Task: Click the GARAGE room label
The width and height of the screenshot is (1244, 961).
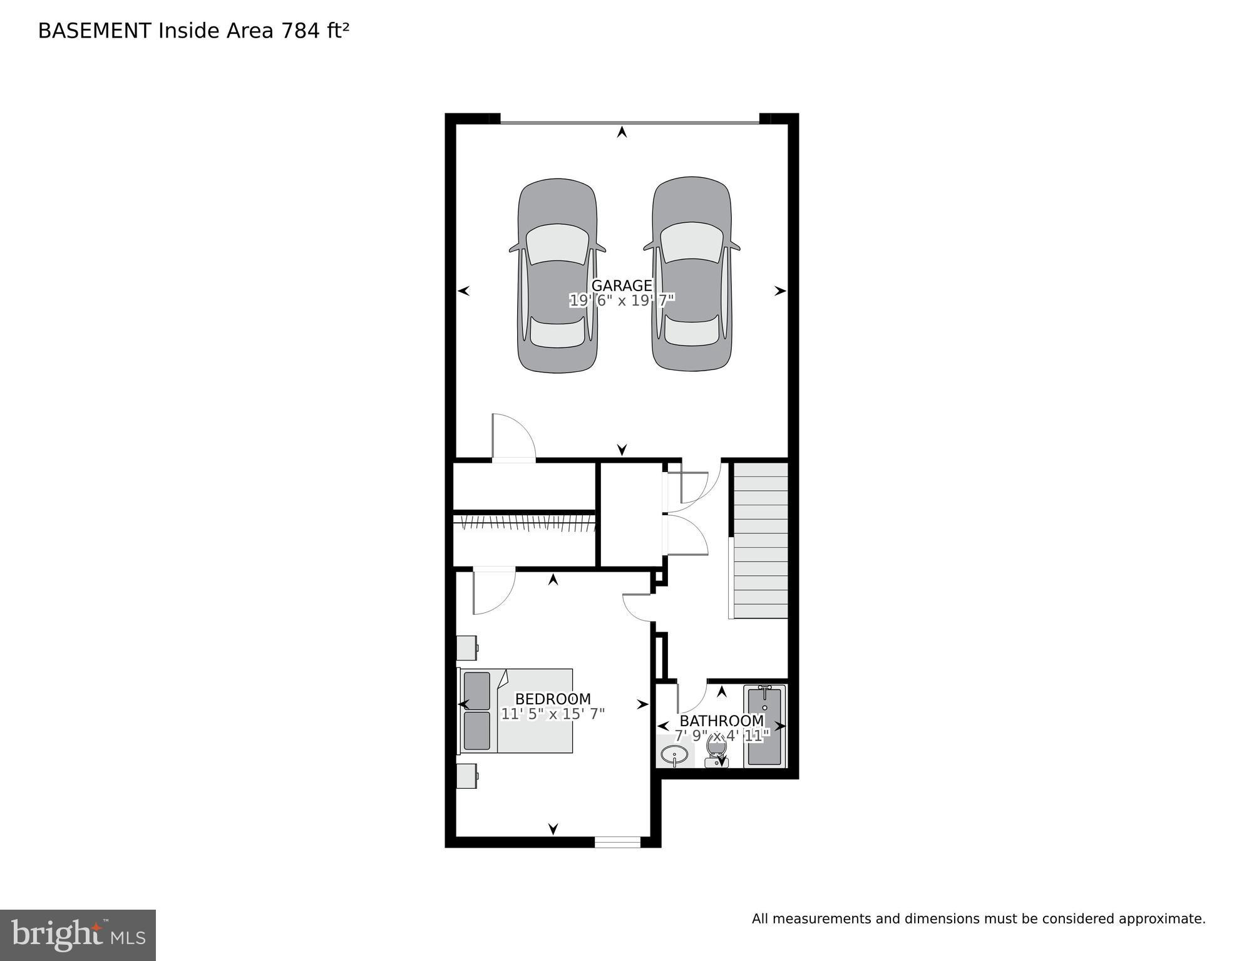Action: pyautogui.click(x=621, y=285)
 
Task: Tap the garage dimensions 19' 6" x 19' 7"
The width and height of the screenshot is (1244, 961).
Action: pyautogui.click(x=621, y=301)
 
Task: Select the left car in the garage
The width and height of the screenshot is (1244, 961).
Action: pyautogui.click(x=557, y=275)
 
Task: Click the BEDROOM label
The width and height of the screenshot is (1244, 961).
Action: pyautogui.click(x=552, y=699)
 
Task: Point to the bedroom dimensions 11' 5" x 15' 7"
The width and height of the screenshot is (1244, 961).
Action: pyautogui.click(x=552, y=714)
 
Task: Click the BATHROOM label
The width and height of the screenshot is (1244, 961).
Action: pyautogui.click(x=721, y=721)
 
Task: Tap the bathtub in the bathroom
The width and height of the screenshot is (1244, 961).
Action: pyautogui.click(x=764, y=726)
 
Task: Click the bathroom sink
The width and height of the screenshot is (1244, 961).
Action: pyautogui.click(x=674, y=754)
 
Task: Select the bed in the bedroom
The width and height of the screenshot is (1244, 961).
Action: pyautogui.click(x=517, y=711)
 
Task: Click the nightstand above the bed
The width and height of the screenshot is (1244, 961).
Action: pyautogui.click(x=466, y=648)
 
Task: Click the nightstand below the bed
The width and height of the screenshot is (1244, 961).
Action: pyautogui.click(x=466, y=776)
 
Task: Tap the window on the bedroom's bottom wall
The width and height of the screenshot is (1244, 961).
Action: pyautogui.click(x=617, y=842)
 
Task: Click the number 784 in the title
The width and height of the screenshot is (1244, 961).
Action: pyautogui.click(x=301, y=31)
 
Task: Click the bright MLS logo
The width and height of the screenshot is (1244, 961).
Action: pyautogui.click(x=78, y=935)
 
